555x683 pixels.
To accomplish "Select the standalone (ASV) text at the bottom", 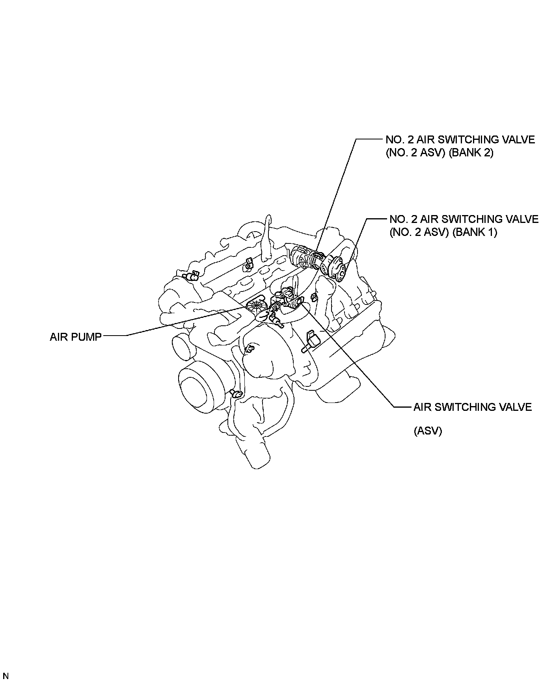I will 428,431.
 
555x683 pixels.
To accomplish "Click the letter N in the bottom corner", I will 6,676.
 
